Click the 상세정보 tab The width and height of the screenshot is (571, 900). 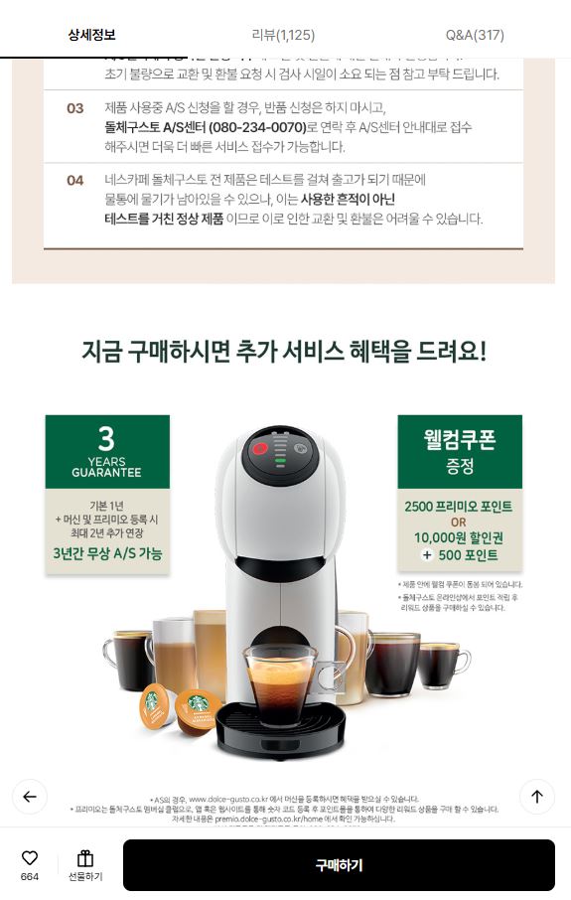[91, 35]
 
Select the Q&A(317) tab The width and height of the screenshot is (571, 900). [475, 35]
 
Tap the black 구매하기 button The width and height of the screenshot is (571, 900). [339, 865]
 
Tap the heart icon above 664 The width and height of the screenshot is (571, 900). [30, 857]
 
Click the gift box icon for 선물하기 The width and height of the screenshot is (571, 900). [85, 858]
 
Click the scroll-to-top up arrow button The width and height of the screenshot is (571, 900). [536, 796]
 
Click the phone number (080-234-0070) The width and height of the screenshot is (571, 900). [257, 127]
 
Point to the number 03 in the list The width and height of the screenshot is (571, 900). [75, 108]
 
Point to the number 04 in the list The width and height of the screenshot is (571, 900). [75, 180]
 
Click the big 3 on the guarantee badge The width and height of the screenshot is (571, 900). [106, 437]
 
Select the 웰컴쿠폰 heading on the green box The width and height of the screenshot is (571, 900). [459, 439]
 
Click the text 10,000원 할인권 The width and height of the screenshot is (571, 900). [459, 537]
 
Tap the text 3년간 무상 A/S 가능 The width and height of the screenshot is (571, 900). [107, 553]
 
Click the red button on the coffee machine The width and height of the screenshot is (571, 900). [260, 448]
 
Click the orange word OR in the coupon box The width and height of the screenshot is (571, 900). [458, 523]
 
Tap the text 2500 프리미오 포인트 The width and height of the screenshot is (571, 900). [459, 507]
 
